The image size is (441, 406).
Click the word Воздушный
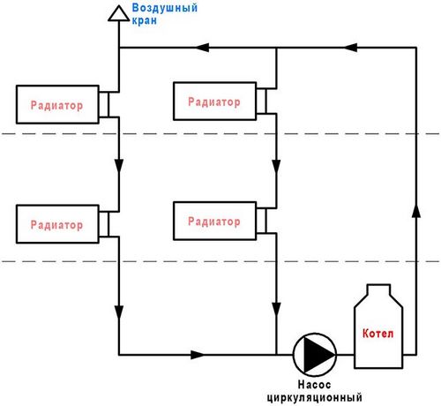click(165, 8)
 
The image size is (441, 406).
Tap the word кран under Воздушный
click(144, 20)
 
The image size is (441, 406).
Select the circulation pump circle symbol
click(315, 355)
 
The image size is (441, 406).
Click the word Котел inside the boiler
click(377, 334)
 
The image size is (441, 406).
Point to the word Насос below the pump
click(314, 384)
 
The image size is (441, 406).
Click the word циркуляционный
click(314, 397)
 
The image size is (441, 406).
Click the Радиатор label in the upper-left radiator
click(56, 105)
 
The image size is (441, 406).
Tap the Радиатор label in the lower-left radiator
click(56, 225)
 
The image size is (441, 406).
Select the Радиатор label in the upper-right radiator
click(214, 101)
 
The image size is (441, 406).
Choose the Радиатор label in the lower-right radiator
click(214, 222)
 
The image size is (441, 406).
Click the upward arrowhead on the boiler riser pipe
click(416, 210)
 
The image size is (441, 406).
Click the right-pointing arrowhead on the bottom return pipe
click(198, 355)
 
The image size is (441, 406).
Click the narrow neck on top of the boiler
click(378, 289)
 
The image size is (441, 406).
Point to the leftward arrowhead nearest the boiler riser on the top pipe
click(350, 47)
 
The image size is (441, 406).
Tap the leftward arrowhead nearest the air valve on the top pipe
click(202, 47)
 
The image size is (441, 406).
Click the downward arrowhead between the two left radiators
click(119, 167)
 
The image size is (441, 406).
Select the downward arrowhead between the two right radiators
click(276, 167)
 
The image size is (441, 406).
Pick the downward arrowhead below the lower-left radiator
click(119, 312)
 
